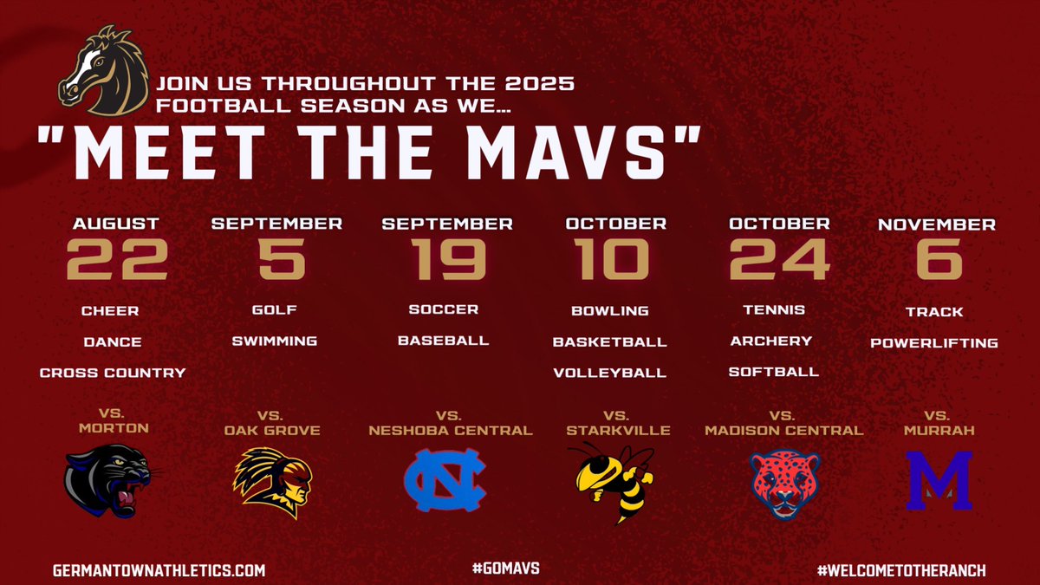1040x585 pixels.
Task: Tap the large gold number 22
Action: click(x=116, y=259)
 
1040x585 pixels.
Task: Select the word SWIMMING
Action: click(x=274, y=341)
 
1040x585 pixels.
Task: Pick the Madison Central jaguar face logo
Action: click(x=784, y=484)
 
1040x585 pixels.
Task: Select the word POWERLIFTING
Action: click(x=934, y=343)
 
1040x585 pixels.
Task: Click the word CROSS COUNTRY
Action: click(x=113, y=373)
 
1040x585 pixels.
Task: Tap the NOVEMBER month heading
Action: click(x=936, y=224)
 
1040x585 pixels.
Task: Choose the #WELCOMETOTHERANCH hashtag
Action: click(x=901, y=570)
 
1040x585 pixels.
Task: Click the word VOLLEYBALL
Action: click(x=609, y=374)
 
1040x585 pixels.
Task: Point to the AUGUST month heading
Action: click(x=116, y=224)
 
